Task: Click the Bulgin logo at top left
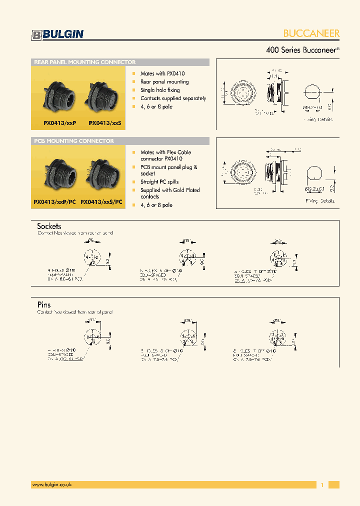click(x=57, y=34)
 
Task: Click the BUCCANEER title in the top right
click(x=311, y=33)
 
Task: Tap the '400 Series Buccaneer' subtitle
click(x=302, y=50)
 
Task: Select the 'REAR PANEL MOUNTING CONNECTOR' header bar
click(x=120, y=62)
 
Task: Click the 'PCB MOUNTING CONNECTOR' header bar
click(x=120, y=141)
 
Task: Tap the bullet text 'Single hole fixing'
click(x=160, y=90)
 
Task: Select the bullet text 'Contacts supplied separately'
click(x=173, y=98)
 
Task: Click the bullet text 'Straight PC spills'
click(x=159, y=182)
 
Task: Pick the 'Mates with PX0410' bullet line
click(x=162, y=73)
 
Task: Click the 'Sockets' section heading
click(x=49, y=226)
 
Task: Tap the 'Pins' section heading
click(x=44, y=304)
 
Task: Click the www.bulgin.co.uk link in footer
click(x=52, y=484)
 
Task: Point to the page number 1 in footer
click(x=322, y=484)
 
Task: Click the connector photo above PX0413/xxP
click(x=58, y=95)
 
